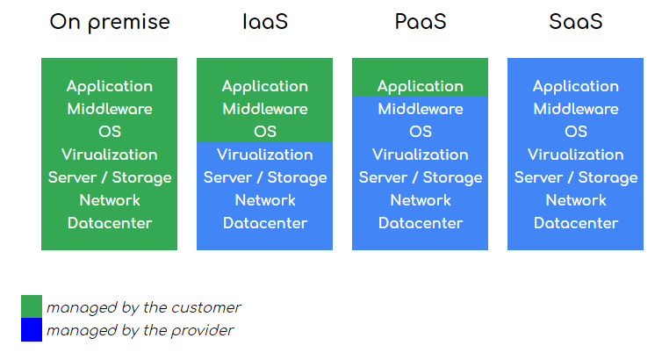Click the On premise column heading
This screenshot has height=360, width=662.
tap(109, 22)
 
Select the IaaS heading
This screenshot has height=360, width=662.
tap(264, 22)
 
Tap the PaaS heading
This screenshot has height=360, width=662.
tap(420, 22)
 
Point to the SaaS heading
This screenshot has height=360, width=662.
tap(575, 22)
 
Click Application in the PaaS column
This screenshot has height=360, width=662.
tap(420, 86)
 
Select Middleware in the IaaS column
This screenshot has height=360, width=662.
tap(264, 109)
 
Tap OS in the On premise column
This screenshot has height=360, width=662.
tap(110, 132)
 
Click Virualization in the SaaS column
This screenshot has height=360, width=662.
tap(575, 155)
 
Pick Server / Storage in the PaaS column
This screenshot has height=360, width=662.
tap(420, 177)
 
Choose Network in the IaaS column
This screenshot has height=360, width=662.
tap(264, 200)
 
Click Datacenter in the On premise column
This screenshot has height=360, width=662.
tap(110, 223)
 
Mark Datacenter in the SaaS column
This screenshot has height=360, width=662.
tap(575, 223)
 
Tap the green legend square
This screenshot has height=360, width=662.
tap(32, 306)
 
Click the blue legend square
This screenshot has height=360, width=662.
tap(32, 330)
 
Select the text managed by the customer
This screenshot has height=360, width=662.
tap(143, 307)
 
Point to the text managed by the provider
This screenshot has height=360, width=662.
tap(140, 330)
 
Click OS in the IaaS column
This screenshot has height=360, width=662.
tap(264, 132)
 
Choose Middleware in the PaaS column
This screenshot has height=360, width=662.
tap(420, 109)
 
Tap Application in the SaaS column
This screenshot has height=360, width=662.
tap(575, 86)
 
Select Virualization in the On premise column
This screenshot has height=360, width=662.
tap(110, 155)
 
